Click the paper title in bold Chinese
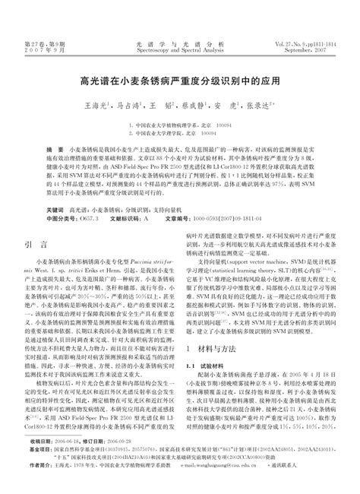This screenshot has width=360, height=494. tap(180, 79)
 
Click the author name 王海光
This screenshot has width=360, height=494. tap(95, 107)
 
